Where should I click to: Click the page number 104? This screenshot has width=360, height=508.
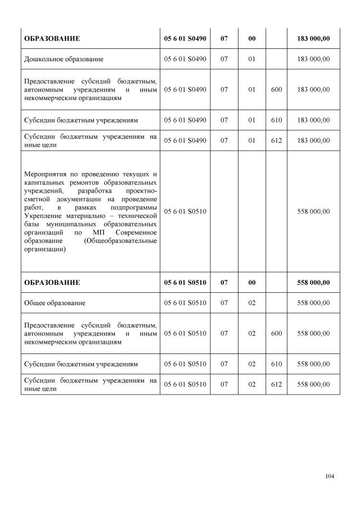(330, 477)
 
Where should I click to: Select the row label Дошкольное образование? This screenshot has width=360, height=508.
(63, 58)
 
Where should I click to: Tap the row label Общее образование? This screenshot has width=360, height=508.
(55, 303)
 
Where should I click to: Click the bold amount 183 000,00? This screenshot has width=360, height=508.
(313, 38)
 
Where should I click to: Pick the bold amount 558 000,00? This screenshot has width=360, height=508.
(313, 282)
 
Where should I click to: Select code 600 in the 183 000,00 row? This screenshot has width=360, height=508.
(276, 89)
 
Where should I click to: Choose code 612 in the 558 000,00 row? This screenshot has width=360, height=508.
(276, 384)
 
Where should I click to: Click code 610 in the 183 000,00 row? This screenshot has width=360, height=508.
(276, 120)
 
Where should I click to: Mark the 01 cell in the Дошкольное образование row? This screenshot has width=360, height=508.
(252, 58)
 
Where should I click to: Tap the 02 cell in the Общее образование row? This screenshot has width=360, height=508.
(252, 303)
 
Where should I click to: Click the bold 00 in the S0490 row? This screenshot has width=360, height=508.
(252, 38)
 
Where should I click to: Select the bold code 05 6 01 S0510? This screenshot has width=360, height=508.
(185, 282)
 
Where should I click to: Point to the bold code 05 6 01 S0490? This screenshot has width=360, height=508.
(185, 38)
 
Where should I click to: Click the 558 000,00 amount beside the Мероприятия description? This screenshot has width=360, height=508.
(313, 211)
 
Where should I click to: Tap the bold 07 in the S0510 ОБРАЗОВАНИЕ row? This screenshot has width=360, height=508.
(224, 282)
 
